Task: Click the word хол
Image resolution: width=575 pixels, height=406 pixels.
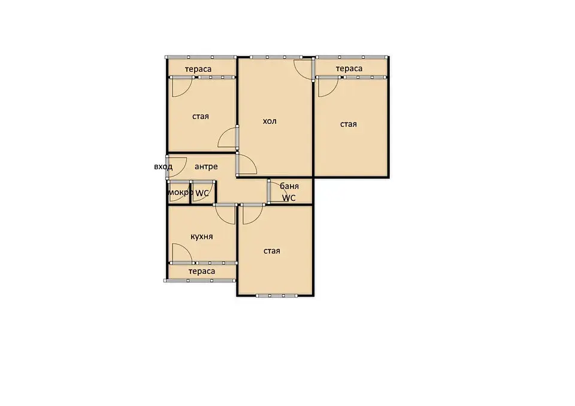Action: click(270, 121)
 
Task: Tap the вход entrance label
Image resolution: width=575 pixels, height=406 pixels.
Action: click(163, 167)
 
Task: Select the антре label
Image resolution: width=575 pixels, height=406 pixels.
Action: click(206, 167)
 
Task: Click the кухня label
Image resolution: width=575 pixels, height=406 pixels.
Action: click(202, 237)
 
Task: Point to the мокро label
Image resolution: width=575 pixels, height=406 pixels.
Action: click(180, 193)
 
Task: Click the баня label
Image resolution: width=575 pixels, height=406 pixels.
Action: click(289, 187)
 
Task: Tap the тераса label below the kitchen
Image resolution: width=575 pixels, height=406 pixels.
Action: click(202, 271)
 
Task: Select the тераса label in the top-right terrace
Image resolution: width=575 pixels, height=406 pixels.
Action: click(349, 68)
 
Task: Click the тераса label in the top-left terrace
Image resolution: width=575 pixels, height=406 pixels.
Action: click(198, 69)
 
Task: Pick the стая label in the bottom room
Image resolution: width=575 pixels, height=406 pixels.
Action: click(272, 251)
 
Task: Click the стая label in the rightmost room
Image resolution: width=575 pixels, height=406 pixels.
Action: click(349, 124)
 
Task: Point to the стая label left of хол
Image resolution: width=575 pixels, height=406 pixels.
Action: click(201, 117)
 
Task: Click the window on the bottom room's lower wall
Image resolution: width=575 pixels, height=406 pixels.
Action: click(277, 295)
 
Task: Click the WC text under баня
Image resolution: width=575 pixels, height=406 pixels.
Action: click(289, 198)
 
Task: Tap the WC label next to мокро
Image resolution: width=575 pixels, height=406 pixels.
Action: click(202, 193)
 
